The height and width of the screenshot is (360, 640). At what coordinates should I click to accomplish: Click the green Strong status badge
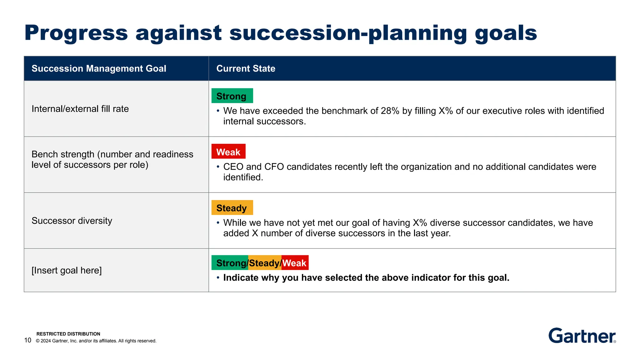pyautogui.click(x=232, y=96)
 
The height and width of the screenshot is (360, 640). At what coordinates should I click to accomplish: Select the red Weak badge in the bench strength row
pyautogui.click(x=228, y=152)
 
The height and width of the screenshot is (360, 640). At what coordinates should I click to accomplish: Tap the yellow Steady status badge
pyautogui.click(x=232, y=207)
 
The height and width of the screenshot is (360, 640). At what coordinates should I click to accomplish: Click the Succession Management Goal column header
pyautogui.click(x=99, y=68)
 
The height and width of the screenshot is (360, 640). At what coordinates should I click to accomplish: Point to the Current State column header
pyautogui.click(x=246, y=68)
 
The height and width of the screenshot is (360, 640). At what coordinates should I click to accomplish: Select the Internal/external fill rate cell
pyautogui.click(x=80, y=109)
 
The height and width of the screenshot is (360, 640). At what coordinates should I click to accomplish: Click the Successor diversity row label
pyautogui.click(x=72, y=221)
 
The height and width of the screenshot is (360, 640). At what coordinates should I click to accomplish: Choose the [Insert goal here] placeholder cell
pyautogui.click(x=67, y=270)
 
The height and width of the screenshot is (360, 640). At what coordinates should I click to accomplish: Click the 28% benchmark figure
pyautogui.click(x=390, y=111)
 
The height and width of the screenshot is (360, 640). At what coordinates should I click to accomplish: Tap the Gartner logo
pyautogui.click(x=582, y=336)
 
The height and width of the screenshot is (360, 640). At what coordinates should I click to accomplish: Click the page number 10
pyautogui.click(x=28, y=340)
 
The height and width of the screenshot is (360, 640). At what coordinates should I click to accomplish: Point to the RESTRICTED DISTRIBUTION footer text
pyautogui.click(x=68, y=334)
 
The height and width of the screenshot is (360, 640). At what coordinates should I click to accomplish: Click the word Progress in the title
pyautogui.click(x=76, y=33)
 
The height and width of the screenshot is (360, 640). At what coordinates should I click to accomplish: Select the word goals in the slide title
pyautogui.click(x=506, y=33)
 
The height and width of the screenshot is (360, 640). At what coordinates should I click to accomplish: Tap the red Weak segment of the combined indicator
pyautogui.click(x=295, y=263)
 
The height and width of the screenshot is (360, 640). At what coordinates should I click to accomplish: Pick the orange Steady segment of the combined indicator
pyautogui.click(x=264, y=263)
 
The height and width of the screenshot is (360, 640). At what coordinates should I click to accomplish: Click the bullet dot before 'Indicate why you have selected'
pyautogui.click(x=218, y=278)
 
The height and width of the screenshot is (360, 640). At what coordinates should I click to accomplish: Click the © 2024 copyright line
pyautogui.click(x=96, y=341)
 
